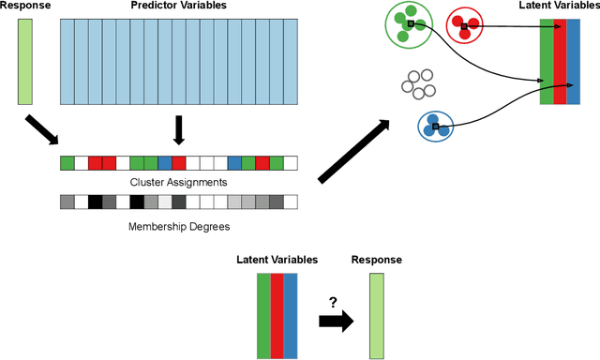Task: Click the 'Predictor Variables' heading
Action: tap(178, 7)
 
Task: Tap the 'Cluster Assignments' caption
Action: tap(178, 181)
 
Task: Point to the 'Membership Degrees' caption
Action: tap(178, 225)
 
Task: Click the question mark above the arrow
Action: tap(332, 301)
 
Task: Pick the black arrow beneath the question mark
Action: tap(335, 321)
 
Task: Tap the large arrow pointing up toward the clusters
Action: tap(355, 150)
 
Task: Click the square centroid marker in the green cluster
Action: tap(411, 22)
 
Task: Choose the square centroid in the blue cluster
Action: tap(435, 126)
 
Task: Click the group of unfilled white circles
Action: tap(417, 83)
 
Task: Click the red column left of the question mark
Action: tap(277, 316)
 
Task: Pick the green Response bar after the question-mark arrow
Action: tap(376, 316)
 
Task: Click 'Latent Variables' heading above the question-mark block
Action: tap(277, 260)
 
